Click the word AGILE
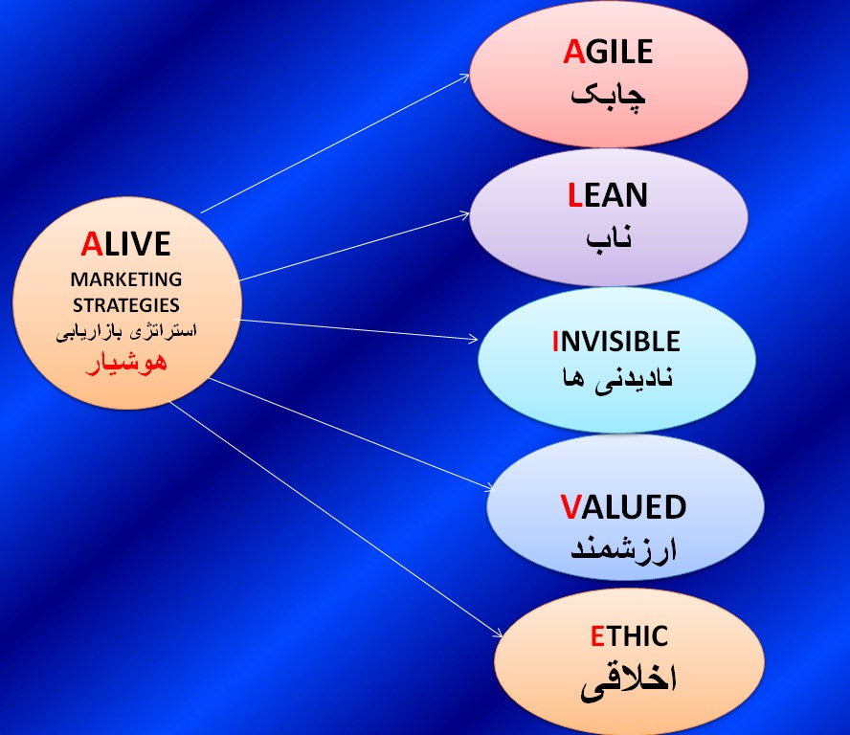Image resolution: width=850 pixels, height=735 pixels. point(608,52)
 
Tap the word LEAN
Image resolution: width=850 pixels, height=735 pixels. point(608,195)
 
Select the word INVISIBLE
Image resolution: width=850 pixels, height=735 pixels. point(615,342)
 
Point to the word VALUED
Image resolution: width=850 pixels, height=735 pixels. point(623,507)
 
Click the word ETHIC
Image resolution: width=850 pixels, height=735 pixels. point(629,635)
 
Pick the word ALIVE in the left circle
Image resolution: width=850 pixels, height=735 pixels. point(125,244)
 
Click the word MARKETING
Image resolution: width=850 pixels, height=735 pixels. point(126,279)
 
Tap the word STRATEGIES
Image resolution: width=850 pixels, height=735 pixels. point(126,305)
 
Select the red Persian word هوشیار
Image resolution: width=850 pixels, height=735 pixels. point(126,363)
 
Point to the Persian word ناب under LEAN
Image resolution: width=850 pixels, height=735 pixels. point(609,238)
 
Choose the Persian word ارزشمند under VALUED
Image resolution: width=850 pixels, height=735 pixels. point(623,549)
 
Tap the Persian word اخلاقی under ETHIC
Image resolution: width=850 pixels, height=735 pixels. point(629,681)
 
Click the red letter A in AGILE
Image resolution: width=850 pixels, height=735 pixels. point(574,52)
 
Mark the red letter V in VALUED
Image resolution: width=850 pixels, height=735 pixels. point(570,507)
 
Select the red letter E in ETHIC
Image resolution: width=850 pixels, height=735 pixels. point(597,635)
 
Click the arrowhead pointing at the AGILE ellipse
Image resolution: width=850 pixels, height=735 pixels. point(465,78)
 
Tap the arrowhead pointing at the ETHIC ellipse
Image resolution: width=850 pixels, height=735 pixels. point(498,634)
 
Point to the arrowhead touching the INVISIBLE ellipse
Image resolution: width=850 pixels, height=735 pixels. point(474,340)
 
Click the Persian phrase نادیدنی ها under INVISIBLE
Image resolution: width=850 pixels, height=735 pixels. point(617,379)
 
